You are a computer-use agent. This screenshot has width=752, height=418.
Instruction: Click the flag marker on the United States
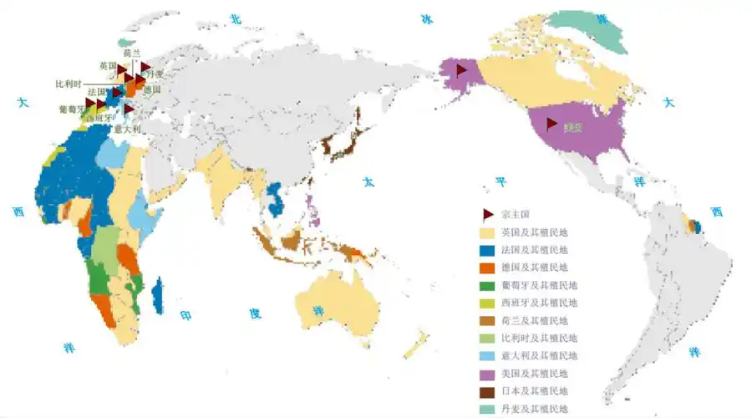pyautogui.click(x=551, y=124)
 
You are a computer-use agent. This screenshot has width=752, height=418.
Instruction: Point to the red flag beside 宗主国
pyautogui.click(x=487, y=214)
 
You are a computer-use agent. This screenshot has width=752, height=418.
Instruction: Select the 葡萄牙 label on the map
pyautogui.click(x=72, y=109)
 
